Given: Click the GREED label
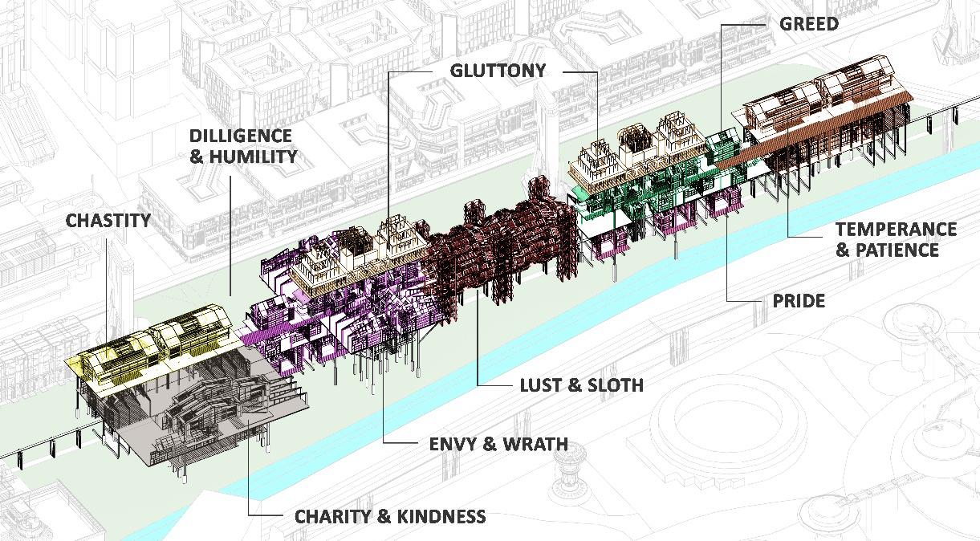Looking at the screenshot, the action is pyautogui.click(x=808, y=24).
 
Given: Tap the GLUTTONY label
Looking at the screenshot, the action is pyautogui.click(x=498, y=71).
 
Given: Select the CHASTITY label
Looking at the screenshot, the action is pyautogui.click(x=108, y=220).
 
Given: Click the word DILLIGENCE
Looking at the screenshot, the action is pyautogui.click(x=241, y=136).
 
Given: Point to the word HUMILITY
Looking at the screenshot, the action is pyautogui.click(x=253, y=157).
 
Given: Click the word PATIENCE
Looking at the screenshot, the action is pyautogui.click(x=897, y=250).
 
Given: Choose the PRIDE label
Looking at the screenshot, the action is pyautogui.click(x=798, y=301).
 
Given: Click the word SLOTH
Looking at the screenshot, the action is pyautogui.click(x=616, y=385).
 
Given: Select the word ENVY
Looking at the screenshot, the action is pyautogui.click(x=454, y=443).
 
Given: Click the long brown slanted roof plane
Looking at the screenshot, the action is pyautogui.click(x=811, y=132).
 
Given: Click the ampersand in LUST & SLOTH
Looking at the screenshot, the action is pyautogui.click(x=575, y=385).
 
